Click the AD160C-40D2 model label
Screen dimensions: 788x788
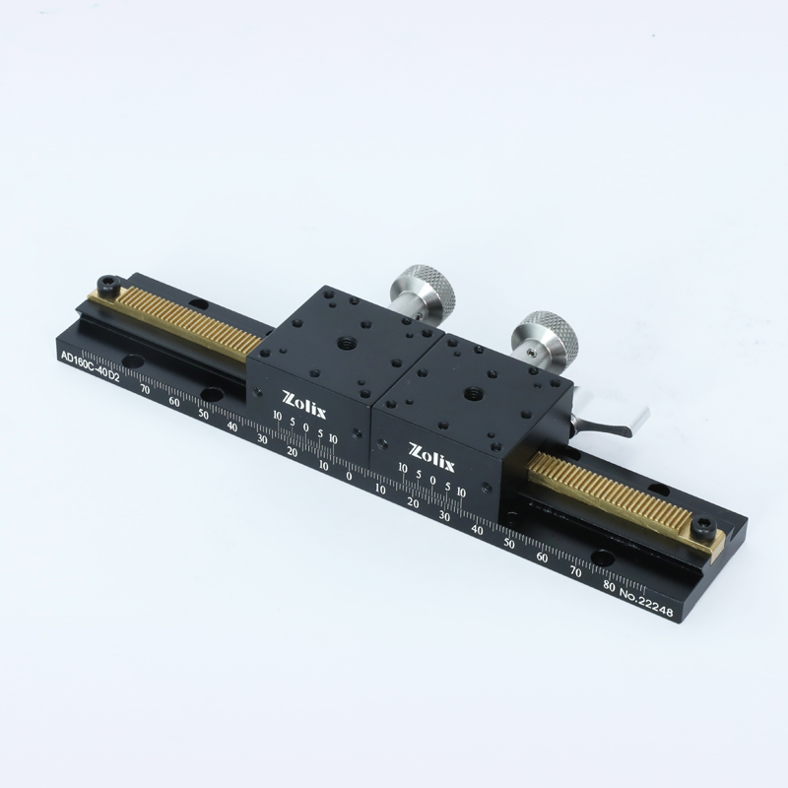90,366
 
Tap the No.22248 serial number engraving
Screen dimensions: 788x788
646,601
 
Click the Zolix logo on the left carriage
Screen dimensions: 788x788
304,405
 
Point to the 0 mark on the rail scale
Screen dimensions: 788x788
350,476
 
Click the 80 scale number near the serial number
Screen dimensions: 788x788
609,585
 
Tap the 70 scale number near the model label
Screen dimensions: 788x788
145,389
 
